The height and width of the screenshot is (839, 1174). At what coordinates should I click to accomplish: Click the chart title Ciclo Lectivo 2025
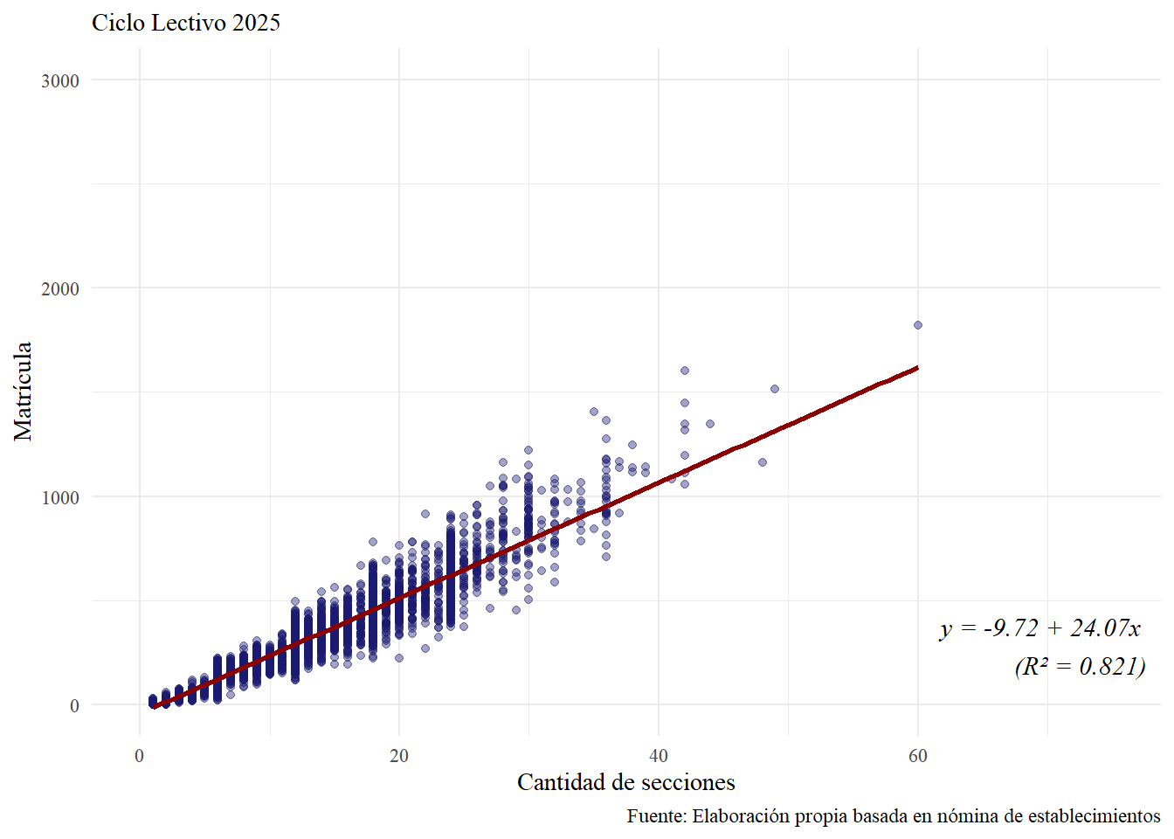tap(186, 23)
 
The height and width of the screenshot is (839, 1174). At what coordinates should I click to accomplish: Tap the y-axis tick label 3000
tap(59, 80)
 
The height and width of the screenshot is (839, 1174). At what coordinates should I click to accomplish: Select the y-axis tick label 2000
tap(59, 288)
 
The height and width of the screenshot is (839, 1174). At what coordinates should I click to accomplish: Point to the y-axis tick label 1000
tap(59, 497)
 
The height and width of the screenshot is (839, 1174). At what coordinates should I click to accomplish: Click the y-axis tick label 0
tap(74, 706)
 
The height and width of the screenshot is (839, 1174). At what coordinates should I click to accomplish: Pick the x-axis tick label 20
tap(399, 756)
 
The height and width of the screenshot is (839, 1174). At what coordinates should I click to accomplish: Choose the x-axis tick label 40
tap(659, 756)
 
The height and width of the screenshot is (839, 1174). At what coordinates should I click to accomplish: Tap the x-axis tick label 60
tap(918, 756)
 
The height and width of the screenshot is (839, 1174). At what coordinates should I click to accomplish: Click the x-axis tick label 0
tap(140, 756)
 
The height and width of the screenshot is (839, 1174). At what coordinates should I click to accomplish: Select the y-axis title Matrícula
tap(23, 391)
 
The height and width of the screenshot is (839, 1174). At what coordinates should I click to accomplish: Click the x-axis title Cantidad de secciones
tap(625, 782)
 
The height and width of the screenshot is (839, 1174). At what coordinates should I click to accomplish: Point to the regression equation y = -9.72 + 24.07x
tap(1040, 628)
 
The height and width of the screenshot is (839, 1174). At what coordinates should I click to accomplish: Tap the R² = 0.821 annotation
tap(1080, 667)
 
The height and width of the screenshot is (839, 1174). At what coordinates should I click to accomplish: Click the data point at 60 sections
tap(918, 325)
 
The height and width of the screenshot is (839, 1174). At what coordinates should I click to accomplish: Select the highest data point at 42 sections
tap(685, 371)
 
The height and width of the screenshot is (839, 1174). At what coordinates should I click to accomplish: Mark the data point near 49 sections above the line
tap(775, 389)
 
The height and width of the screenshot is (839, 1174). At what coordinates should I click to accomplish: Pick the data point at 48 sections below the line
tap(763, 462)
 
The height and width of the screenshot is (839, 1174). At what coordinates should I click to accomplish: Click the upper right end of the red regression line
tap(916, 368)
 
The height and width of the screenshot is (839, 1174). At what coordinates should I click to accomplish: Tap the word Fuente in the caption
tap(655, 816)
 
